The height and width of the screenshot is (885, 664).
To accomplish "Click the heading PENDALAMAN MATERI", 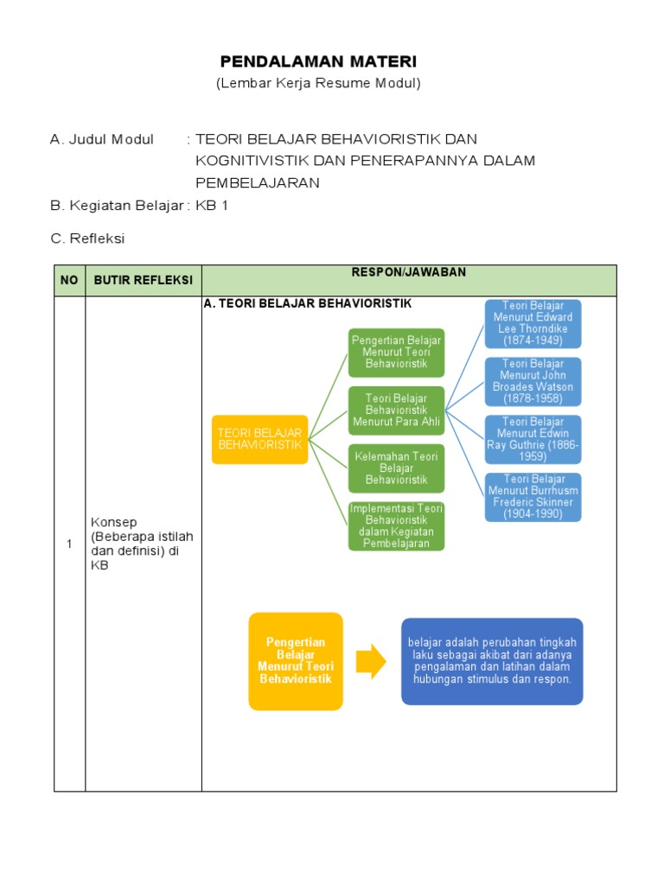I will point(318,61).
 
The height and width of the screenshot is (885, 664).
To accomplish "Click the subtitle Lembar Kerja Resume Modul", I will point(318,84).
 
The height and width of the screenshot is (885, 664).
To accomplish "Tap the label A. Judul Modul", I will point(102,139).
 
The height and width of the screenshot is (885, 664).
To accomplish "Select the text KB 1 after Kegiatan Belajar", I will point(212,206).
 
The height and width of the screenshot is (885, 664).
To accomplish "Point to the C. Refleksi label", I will point(87,239).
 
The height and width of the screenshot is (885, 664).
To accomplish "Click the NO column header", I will point(69,281).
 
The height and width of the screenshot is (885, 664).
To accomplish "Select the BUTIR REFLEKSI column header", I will point(143,281).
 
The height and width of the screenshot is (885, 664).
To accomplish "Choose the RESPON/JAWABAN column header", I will point(408,273).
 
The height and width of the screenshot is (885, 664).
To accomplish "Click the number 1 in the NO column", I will point(69,544).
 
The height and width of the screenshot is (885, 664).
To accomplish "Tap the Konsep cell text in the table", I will point(142,544).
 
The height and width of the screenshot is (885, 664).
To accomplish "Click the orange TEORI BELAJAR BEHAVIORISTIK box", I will point(259,439).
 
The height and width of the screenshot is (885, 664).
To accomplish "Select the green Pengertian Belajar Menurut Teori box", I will point(396,352).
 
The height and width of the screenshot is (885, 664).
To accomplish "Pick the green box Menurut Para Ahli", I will point(396,411).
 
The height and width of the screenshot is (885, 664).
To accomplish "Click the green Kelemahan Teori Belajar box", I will point(396,468).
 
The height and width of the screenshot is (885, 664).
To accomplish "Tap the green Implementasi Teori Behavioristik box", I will point(396,526).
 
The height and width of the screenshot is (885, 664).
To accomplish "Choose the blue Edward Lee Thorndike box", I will point(533,323).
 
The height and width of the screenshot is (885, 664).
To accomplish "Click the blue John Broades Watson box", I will point(533,381).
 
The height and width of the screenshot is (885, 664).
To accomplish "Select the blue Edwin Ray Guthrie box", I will point(533,439).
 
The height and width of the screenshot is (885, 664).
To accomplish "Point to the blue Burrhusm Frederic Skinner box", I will point(533,497).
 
